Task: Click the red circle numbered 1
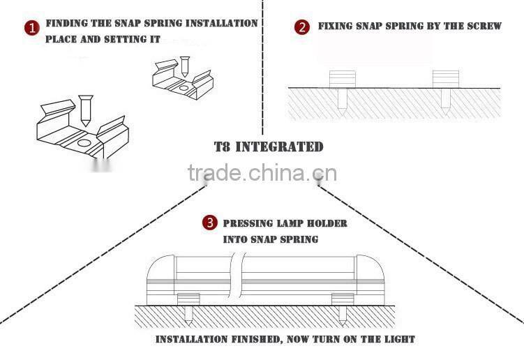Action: coord(31,29)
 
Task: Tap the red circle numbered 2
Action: coord(302,28)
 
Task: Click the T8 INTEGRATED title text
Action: coord(269,147)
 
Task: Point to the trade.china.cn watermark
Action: coord(262,173)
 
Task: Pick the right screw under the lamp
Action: coord(342,316)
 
